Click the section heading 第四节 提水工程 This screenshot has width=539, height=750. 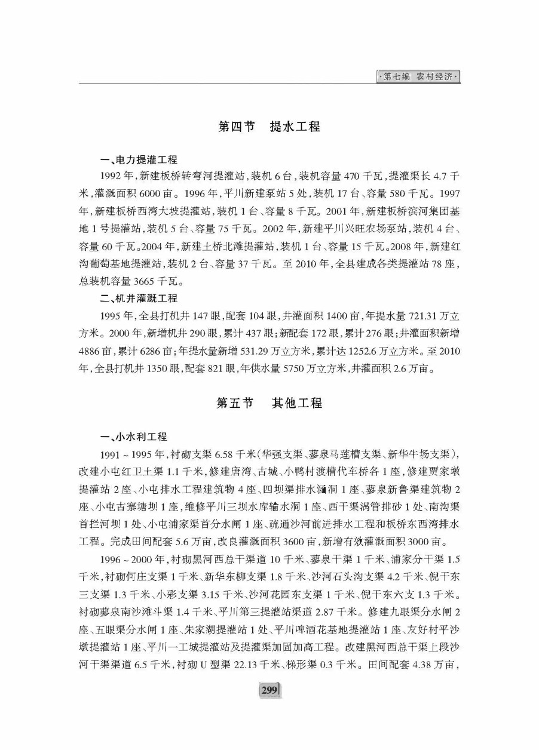coord(269,127)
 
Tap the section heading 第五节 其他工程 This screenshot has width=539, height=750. coord(269,403)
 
